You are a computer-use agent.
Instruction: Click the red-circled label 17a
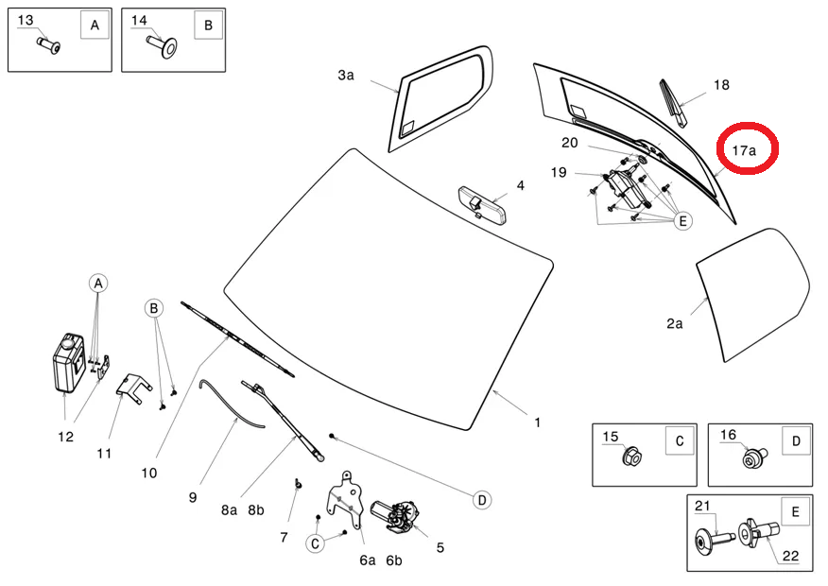coord(746,149)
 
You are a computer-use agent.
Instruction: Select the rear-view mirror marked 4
coord(483,202)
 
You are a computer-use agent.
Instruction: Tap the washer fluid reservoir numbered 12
coord(68,362)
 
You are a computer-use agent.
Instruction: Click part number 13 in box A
coord(26,20)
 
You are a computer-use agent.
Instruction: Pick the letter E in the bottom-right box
coord(795,512)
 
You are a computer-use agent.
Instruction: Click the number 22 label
coord(789,557)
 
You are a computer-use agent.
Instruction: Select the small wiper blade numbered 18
coord(678,102)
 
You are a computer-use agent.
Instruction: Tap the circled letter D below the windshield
coord(481,498)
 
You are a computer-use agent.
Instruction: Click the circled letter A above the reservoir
coord(98,283)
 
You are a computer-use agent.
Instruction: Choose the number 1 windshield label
coord(537,422)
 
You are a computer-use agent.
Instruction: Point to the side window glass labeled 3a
coord(440,101)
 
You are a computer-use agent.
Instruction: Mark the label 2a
coord(674,323)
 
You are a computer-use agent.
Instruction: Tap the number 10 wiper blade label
coord(149,473)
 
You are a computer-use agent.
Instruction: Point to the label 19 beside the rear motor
coord(559,172)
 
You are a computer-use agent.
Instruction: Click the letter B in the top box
coord(208,26)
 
